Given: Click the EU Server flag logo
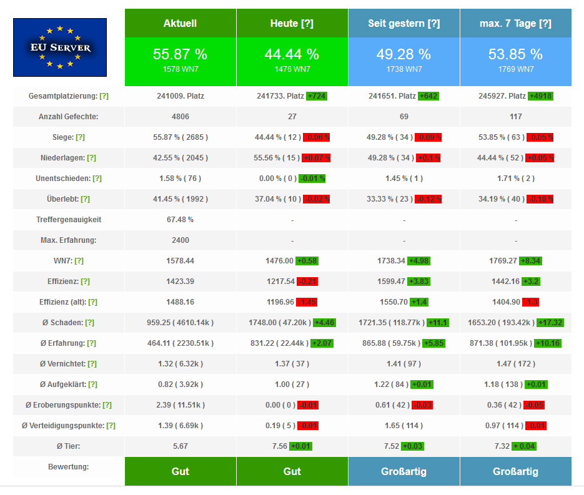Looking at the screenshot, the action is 60,47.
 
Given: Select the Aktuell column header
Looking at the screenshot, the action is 181,24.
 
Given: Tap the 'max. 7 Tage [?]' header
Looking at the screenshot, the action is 515,24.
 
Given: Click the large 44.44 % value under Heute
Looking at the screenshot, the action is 292,54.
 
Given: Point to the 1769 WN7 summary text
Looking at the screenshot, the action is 516,69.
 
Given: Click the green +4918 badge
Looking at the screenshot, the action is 540,96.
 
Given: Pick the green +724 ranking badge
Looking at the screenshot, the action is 317,96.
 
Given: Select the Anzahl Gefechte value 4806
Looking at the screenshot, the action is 181,117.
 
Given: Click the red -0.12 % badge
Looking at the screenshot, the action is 428,199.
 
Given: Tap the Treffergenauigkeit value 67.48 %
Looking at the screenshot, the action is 181,220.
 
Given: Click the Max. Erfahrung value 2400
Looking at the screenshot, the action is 181,240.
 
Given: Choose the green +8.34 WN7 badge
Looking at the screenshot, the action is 530,261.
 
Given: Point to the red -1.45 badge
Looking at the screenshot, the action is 307,302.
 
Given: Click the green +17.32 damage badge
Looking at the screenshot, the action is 550,323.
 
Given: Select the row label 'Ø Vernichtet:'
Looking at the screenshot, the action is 63,364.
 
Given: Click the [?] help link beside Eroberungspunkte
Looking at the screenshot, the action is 107,405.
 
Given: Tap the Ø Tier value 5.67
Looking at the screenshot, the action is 181,446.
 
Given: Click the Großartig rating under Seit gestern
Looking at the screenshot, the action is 403,471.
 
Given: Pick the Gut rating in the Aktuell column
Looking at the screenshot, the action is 181,471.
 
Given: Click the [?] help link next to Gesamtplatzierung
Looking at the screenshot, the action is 104,96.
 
